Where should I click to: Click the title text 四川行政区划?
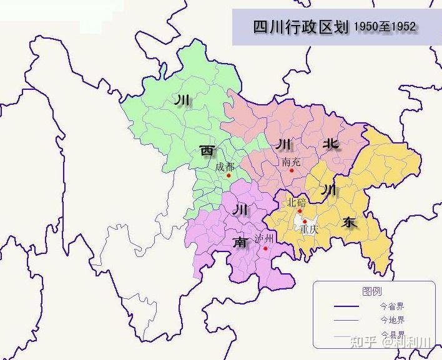pyautogui.click(x=300, y=27)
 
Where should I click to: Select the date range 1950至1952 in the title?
pyautogui.click(x=385, y=27)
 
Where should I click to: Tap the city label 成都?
pyautogui.click(x=225, y=167)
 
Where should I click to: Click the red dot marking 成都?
pyautogui.click(x=229, y=175)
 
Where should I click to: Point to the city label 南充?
pyautogui.click(x=291, y=162)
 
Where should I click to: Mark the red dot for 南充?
pyautogui.click(x=292, y=170)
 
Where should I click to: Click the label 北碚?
pyautogui.click(x=297, y=202)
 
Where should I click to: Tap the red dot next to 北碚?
pyautogui.click(x=300, y=210)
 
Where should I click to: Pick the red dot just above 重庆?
pyautogui.click(x=305, y=221)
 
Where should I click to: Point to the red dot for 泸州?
pyautogui.click(x=265, y=248)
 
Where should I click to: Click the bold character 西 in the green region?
pyautogui.click(x=207, y=150)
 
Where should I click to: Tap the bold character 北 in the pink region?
pyautogui.click(x=330, y=144)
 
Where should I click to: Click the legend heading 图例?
pyautogui.click(x=372, y=291)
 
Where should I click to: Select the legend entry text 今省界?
pyautogui.click(x=392, y=306)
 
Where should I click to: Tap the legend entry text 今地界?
pyautogui.click(x=392, y=320)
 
